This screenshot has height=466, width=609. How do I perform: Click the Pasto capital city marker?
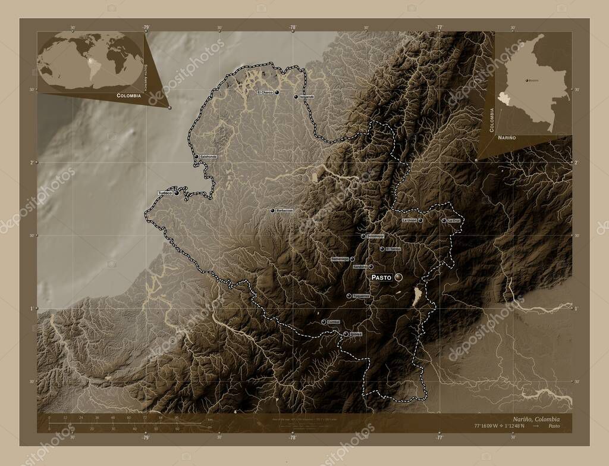[398, 277]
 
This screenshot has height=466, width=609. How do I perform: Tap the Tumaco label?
[165, 193]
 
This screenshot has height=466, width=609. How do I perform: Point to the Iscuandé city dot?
[296, 96]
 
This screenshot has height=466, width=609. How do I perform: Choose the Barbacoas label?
[285, 211]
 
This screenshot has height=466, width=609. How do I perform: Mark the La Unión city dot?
[420, 220]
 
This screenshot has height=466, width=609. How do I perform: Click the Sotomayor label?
[376, 236]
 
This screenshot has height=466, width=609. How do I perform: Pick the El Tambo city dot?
[382, 249]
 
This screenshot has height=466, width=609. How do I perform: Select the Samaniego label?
[339, 259]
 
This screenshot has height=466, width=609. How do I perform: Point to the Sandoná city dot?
[370, 267]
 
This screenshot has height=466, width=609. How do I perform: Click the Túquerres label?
[361, 296]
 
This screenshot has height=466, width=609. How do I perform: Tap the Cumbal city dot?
[324, 322]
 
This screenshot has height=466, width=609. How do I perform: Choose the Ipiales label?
[356, 334]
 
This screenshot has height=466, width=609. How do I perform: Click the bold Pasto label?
[381, 277]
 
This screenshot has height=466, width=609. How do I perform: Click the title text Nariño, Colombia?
[534, 419]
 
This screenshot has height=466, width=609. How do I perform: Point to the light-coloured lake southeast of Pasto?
[417, 295]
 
